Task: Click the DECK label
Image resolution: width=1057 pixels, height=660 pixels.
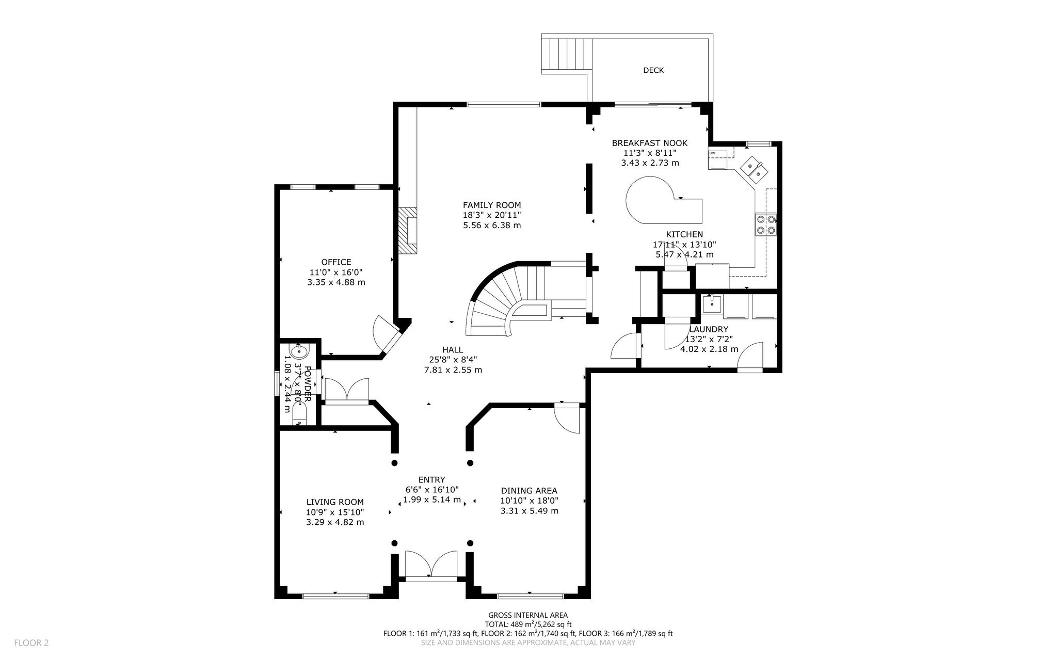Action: pyautogui.click(x=653, y=70)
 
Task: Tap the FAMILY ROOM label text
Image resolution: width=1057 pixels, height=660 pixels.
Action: pyautogui.click(x=492, y=205)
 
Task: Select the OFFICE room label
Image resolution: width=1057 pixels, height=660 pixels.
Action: pyautogui.click(x=336, y=262)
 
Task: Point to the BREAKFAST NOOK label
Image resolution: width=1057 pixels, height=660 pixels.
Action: pyautogui.click(x=650, y=143)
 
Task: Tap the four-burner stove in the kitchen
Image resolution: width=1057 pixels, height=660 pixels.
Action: pyautogui.click(x=766, y=224)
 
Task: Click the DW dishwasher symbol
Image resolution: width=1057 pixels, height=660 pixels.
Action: pyautogui.click(x=717, y=159)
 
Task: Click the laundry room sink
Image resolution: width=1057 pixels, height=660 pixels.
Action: pyautogui.click(x=712, y=304)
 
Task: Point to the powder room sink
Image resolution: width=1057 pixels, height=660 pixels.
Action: pyautogui.click(x=299, y=352)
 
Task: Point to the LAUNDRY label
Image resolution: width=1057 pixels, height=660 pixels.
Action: pyautogui.click(x=709, y=329)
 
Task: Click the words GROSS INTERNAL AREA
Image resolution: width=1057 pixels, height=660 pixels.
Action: pyautogui.click(x=528, y=615)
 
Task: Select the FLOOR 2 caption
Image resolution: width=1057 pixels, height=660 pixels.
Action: pyautogui.click(x=31, y=643)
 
